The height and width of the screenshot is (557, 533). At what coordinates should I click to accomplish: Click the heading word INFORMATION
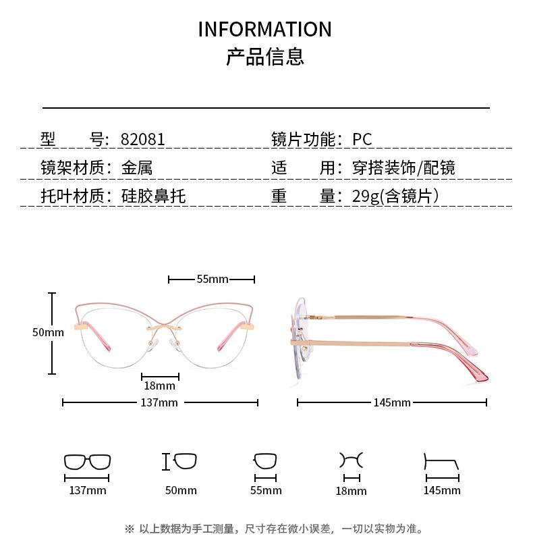(265, 30)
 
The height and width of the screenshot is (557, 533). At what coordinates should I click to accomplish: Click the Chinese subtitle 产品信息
(265, 57)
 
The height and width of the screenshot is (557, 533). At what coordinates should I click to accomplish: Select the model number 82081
(142, 140)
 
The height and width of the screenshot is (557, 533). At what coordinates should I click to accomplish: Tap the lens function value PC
(362, 140)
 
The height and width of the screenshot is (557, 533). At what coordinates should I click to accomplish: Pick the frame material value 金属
(137, 168)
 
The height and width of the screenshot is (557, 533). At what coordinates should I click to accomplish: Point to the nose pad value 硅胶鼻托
(153, 196)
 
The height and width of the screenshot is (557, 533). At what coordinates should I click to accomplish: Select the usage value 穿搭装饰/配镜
(403, 168)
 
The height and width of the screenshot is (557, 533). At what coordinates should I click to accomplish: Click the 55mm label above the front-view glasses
(213, 279)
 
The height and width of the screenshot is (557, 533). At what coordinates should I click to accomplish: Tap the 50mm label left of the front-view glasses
(48, 332)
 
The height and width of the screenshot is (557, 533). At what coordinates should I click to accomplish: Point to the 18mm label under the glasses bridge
(159, 386)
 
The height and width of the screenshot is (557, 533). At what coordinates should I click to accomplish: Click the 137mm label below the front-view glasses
(159, 403)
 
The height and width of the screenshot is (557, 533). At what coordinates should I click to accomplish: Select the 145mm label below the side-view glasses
(392, 403)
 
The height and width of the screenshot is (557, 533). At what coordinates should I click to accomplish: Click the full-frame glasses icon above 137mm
(87, 462)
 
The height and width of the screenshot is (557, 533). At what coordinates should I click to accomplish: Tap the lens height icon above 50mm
(180, 462)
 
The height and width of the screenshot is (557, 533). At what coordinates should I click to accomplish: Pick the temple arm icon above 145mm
(441, 464)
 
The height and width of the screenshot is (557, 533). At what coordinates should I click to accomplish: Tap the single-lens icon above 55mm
(265, 462)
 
